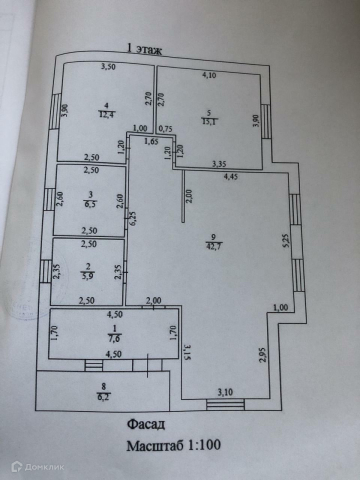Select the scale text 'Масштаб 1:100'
[x=173, y=444]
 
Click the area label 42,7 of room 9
[x=213, y=245]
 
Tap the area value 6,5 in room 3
[x=90, y=204]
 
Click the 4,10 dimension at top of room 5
[x=210, y=76]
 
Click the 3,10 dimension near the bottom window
[x=225, y=392]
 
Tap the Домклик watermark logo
[x=39, y=467]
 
